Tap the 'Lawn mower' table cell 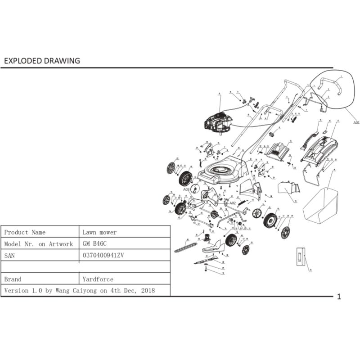(x=99, y=232)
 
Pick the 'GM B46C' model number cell (x=94, y=244)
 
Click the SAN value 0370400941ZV (x=103, y=256)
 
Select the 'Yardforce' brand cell (x=98, y=279)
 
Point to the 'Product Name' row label (x=25, y=232)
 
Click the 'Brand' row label (x=13, y=279)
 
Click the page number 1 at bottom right (x=339, y=297)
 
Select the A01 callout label (x=356, y=122)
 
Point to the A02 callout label (x=233, y=203)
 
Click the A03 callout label (x=186, y=189)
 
